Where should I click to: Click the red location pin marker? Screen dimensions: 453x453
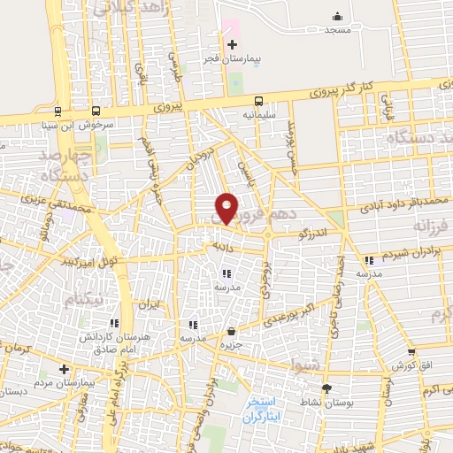click(x=226, y=207)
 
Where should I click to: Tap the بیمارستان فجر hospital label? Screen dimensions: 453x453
click(x=233, y=60)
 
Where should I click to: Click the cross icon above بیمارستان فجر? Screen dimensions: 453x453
click(x=233, y=45)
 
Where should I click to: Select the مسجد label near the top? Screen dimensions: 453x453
click(x=337, y=29)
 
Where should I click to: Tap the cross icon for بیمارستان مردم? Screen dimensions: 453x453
click(x=64, y=368)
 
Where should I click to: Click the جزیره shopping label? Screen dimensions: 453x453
click(x=231, y=345)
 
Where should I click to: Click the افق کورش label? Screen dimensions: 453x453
click(x=403, y=365)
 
